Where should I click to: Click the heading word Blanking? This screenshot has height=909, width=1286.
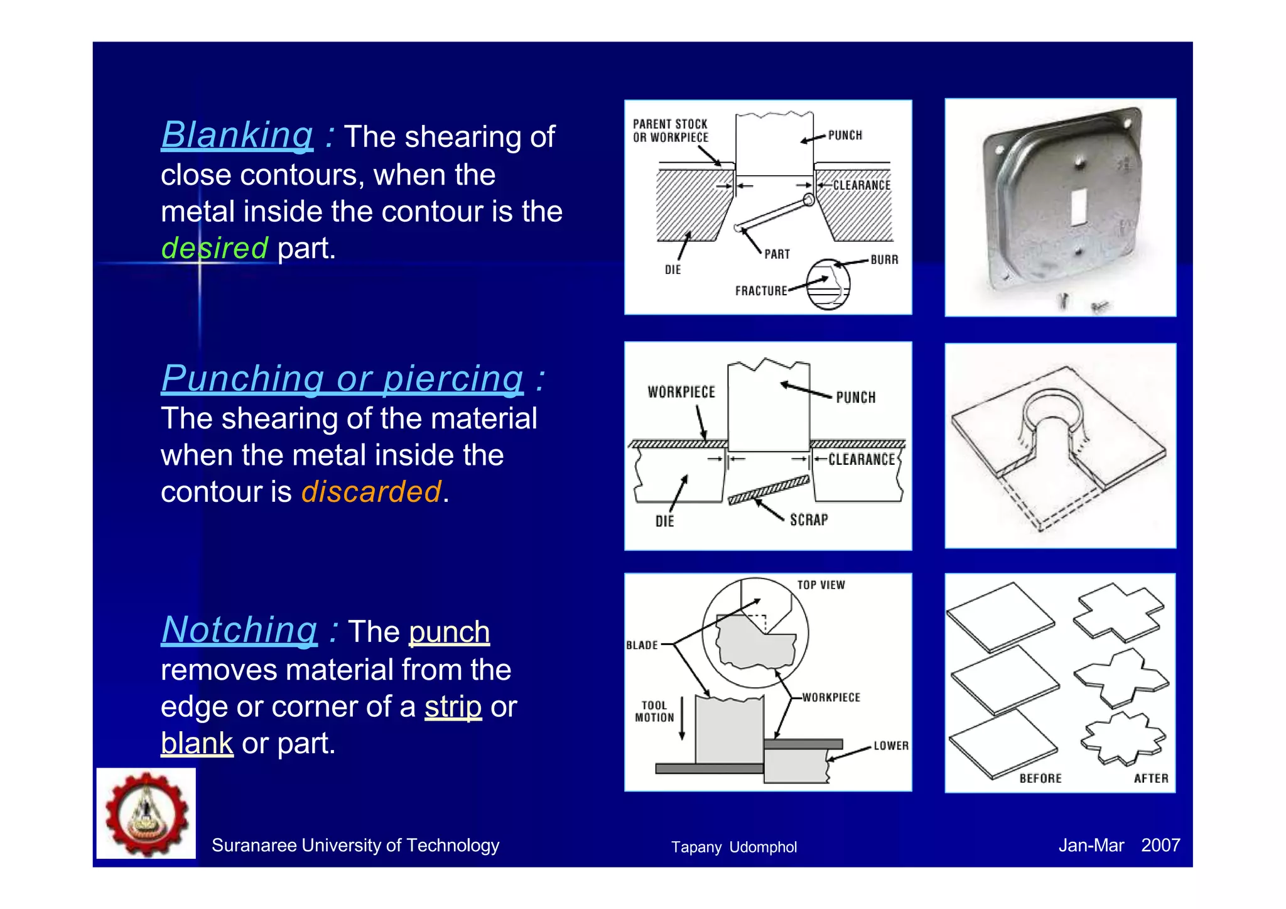point(237,135)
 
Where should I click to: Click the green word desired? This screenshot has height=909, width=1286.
point(215,248)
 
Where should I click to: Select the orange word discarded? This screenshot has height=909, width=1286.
point(371,492)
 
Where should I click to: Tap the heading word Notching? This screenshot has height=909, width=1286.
point(239,630)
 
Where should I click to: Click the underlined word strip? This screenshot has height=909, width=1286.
point(453,707)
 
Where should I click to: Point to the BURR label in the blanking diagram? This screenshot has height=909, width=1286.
point(884,260)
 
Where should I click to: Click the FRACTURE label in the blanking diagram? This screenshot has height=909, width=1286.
point(761,291)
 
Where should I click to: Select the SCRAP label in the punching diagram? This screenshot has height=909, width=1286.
point(809,520)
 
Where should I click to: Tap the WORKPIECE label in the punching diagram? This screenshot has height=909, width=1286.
point(681,393)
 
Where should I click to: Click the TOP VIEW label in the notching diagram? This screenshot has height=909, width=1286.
point(821,585)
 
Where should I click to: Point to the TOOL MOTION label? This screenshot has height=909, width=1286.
point(654,712)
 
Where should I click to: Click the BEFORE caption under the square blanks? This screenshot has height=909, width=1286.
point(1040,778)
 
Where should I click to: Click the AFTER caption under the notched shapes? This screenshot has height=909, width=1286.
point(1150,778)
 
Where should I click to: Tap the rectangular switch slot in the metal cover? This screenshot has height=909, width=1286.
point(1078,206)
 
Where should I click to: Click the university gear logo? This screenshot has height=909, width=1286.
point(146,814)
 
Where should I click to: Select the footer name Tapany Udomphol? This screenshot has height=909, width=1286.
point(733,847)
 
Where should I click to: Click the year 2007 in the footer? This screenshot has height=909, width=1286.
point(1160,846)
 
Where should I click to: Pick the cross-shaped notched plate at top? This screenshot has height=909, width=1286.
point(1118,612)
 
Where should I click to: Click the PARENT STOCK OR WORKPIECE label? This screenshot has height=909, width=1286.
point(670,131)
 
